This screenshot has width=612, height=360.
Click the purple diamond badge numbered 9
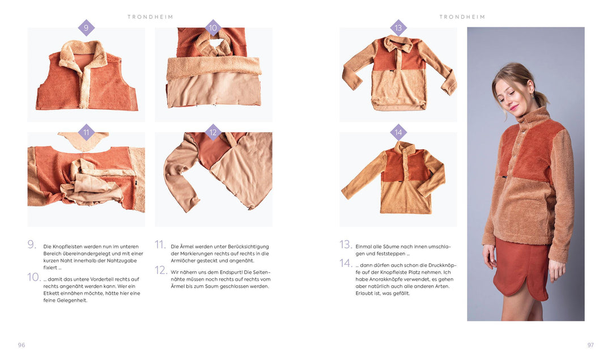coord(86,28)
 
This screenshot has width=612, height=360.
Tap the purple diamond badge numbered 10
coord(213,28)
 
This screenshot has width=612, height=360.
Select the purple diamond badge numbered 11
coord(86,132)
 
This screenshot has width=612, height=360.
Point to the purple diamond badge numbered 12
coord(213,132)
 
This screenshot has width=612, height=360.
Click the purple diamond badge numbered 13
coord(398,28)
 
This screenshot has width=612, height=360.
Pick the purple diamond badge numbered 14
coord(398,132)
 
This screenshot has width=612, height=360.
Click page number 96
coord(22,345)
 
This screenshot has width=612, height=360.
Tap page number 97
coord(590,345)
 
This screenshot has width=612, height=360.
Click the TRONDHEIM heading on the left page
coord(150,17)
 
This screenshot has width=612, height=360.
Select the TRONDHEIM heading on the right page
coord(462,17)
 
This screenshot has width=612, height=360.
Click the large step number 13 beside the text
coord(346,244)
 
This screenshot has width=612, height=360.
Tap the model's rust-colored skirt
coord(522,269)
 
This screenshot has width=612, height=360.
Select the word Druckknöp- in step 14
coord(443,265)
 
